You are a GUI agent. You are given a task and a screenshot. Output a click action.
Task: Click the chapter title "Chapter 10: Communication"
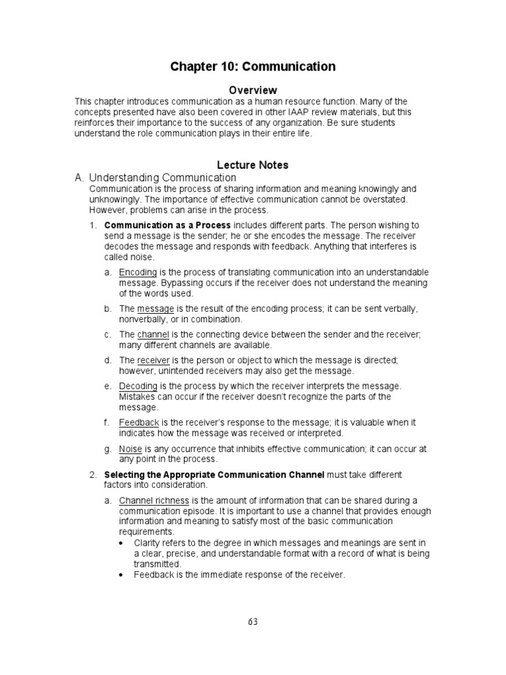tap(253, 67)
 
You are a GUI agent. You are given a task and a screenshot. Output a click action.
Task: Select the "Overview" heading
tap(253, 90)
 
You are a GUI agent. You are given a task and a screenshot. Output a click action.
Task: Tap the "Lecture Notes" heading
tap(253, 165)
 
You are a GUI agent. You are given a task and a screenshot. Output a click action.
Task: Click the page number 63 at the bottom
tap(253, 622)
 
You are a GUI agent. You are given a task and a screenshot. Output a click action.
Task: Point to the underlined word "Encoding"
tap(138, 272)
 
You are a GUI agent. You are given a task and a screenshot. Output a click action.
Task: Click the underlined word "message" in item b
tap(155, 308)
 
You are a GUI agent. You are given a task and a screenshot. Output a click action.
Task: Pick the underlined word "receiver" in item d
tap(154, 361)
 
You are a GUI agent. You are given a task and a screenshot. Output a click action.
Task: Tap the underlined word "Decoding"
tap(138, 386)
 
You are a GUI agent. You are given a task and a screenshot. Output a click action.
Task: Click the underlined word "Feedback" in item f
tap(139, 423)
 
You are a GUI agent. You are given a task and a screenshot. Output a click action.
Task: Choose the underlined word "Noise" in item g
tap(130, 449)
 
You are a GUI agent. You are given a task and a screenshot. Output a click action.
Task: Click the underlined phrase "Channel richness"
tap(154, 501)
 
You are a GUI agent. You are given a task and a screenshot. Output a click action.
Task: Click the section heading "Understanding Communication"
tap(162, 177)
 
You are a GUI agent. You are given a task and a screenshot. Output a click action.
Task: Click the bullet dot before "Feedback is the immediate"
tap(123, 575)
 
